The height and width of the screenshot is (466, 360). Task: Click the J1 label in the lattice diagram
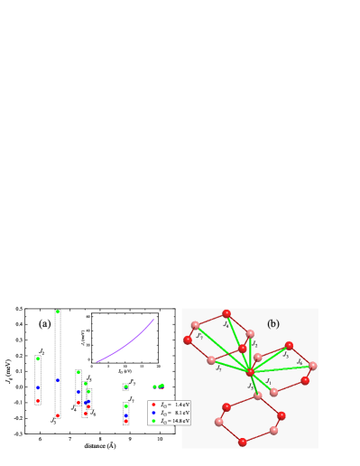coord(268,381)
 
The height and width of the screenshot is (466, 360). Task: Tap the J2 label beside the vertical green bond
coord(255,344)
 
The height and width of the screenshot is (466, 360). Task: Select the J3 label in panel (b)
coord(286,355)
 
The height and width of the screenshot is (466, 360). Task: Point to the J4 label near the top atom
coord(226,323)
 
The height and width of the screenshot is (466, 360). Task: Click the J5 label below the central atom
coord(251,386)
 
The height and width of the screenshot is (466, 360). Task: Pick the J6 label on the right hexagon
coord(300,361)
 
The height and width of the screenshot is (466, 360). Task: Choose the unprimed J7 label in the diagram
coord(218,368)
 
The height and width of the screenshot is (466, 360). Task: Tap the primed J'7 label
coord(199,336)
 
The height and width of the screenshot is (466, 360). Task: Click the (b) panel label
coord(272,323)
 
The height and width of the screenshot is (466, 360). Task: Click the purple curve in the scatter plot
coord(126,344)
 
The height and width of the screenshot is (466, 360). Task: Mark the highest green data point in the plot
coord(58,312)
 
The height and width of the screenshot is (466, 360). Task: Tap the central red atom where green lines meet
coord(250,372)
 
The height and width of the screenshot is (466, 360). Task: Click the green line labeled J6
coord(284,368)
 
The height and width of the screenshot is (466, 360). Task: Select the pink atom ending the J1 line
coord(273,392)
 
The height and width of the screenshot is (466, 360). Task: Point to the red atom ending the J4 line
coord(226,313)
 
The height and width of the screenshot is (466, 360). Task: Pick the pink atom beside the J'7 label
coord(195,325)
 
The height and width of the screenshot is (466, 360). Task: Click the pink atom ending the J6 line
coord(312,366)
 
